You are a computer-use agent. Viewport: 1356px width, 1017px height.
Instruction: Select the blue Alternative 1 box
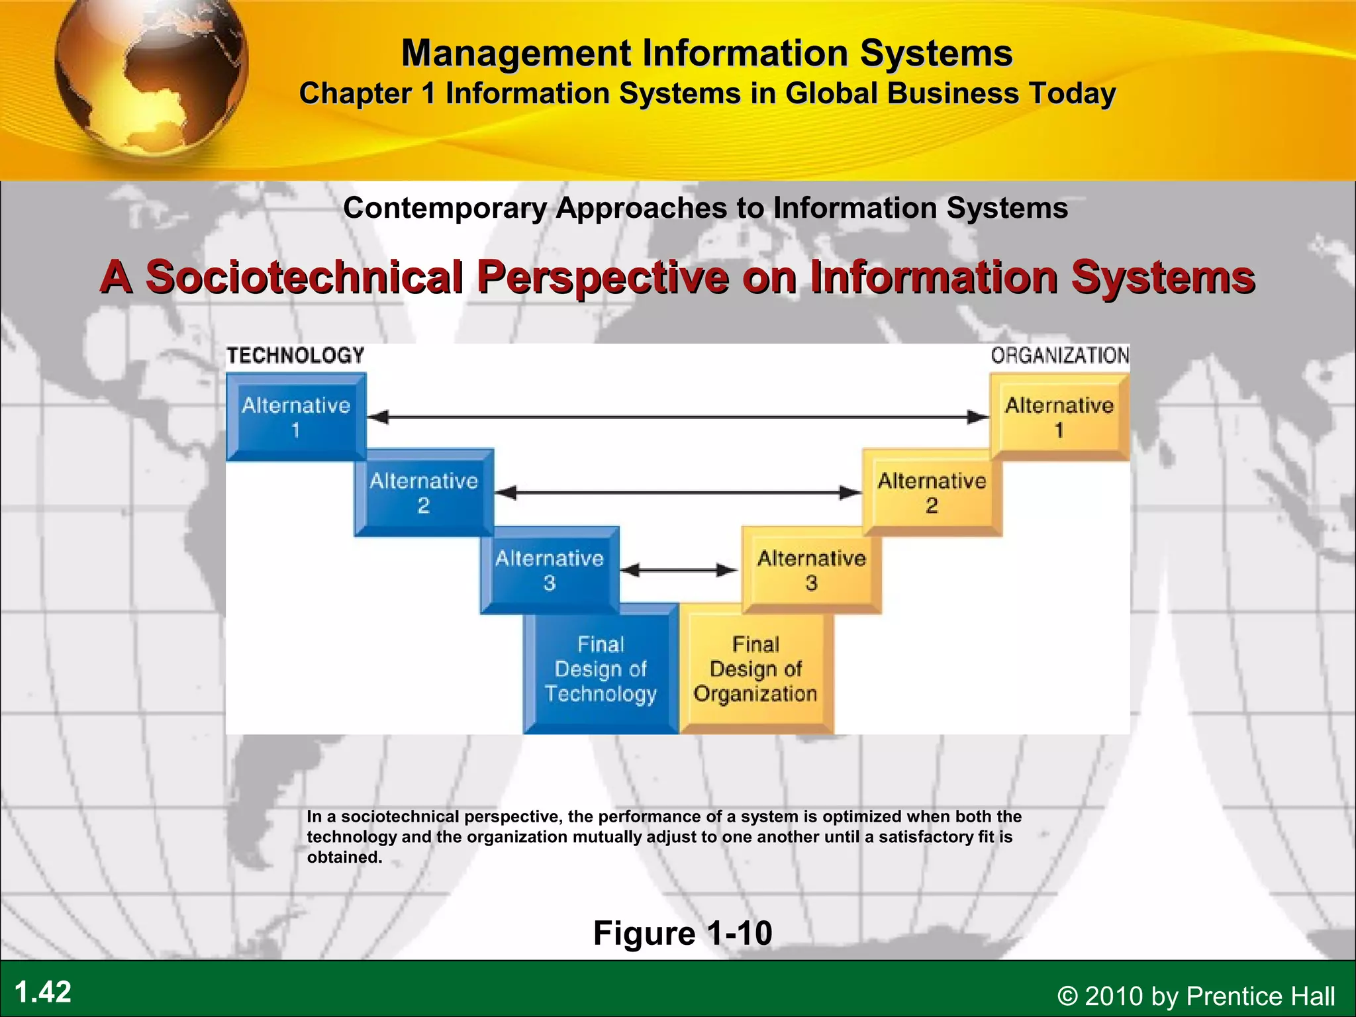pyautogui.click(x=295, y=416)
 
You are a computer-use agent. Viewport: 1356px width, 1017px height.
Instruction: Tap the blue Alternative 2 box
pyautogui.click(x=424, y=493)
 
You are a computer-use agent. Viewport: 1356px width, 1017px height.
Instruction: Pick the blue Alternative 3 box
pyautogui.click(x=550, y=570)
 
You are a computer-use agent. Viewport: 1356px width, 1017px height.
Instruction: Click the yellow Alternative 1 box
pyautogui.click(x=1059, y=416)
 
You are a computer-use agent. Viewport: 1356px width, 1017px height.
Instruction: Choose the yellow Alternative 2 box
pyautogui.click(x=932, y=493)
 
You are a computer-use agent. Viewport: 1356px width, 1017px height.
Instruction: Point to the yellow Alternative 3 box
pyautogui.click(x=811, y=570)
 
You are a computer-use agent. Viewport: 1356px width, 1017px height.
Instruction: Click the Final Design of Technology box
pyautogui.click(x=601, y=669)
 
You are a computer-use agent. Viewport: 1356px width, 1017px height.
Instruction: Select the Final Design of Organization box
pyautogui.click(x=755, y=669)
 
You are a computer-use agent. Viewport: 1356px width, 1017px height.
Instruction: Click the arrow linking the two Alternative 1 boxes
pyautogui.click(x=677, y=417)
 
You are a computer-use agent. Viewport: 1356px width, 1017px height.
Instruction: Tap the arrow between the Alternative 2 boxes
pyautogui.click(x=677, y=493)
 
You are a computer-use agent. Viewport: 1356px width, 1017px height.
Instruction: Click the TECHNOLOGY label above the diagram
pyautogui.click(x=295, y=356)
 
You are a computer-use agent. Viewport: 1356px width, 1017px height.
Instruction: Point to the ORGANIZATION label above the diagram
pyautogui.click(x=1059, y=356)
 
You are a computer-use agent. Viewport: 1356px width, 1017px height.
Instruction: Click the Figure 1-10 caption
pyautogui.click(x=683, y=933)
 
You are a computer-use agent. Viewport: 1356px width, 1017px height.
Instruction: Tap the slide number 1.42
pyautogui.click(x=43, y=992)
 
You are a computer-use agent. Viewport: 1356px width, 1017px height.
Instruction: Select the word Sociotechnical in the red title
pyautogui.click(x=304, y=276)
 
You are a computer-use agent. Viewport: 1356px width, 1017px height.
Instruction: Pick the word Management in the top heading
pyautogui.click(x=516, y=53)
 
